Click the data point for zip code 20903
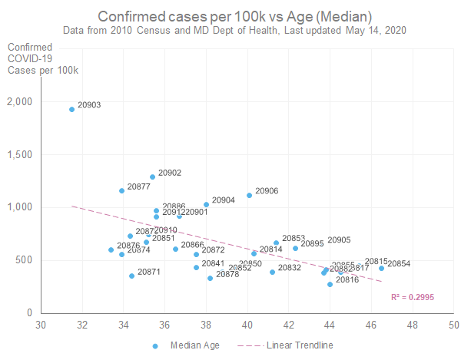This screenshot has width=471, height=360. pyautogui.click(x=71, y=109)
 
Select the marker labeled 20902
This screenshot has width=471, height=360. pyautogui.click(x=152, y=177)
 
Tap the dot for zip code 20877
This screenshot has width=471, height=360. pyautogui.click(x=121, y=190)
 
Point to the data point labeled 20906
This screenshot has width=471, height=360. pyautogui.click(x=249, y=195)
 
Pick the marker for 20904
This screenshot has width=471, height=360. pyautogui.click(x=206, y=204)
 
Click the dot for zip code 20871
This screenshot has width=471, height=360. pyautogui.click(x=131, y=276)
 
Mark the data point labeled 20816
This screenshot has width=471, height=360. pyautogui.click(x=330, y=284)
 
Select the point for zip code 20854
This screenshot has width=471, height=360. pyautogui.click(x=381, y=268)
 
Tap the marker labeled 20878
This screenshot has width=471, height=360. pyautogui.click(x=210, y=278)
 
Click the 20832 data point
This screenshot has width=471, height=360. pyautogui.click(x=272, y=272)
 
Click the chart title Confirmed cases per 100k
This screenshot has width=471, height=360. pyautogui.click(x=235, y=16)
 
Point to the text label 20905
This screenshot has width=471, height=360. pyautogui.click(x=339, y=240)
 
